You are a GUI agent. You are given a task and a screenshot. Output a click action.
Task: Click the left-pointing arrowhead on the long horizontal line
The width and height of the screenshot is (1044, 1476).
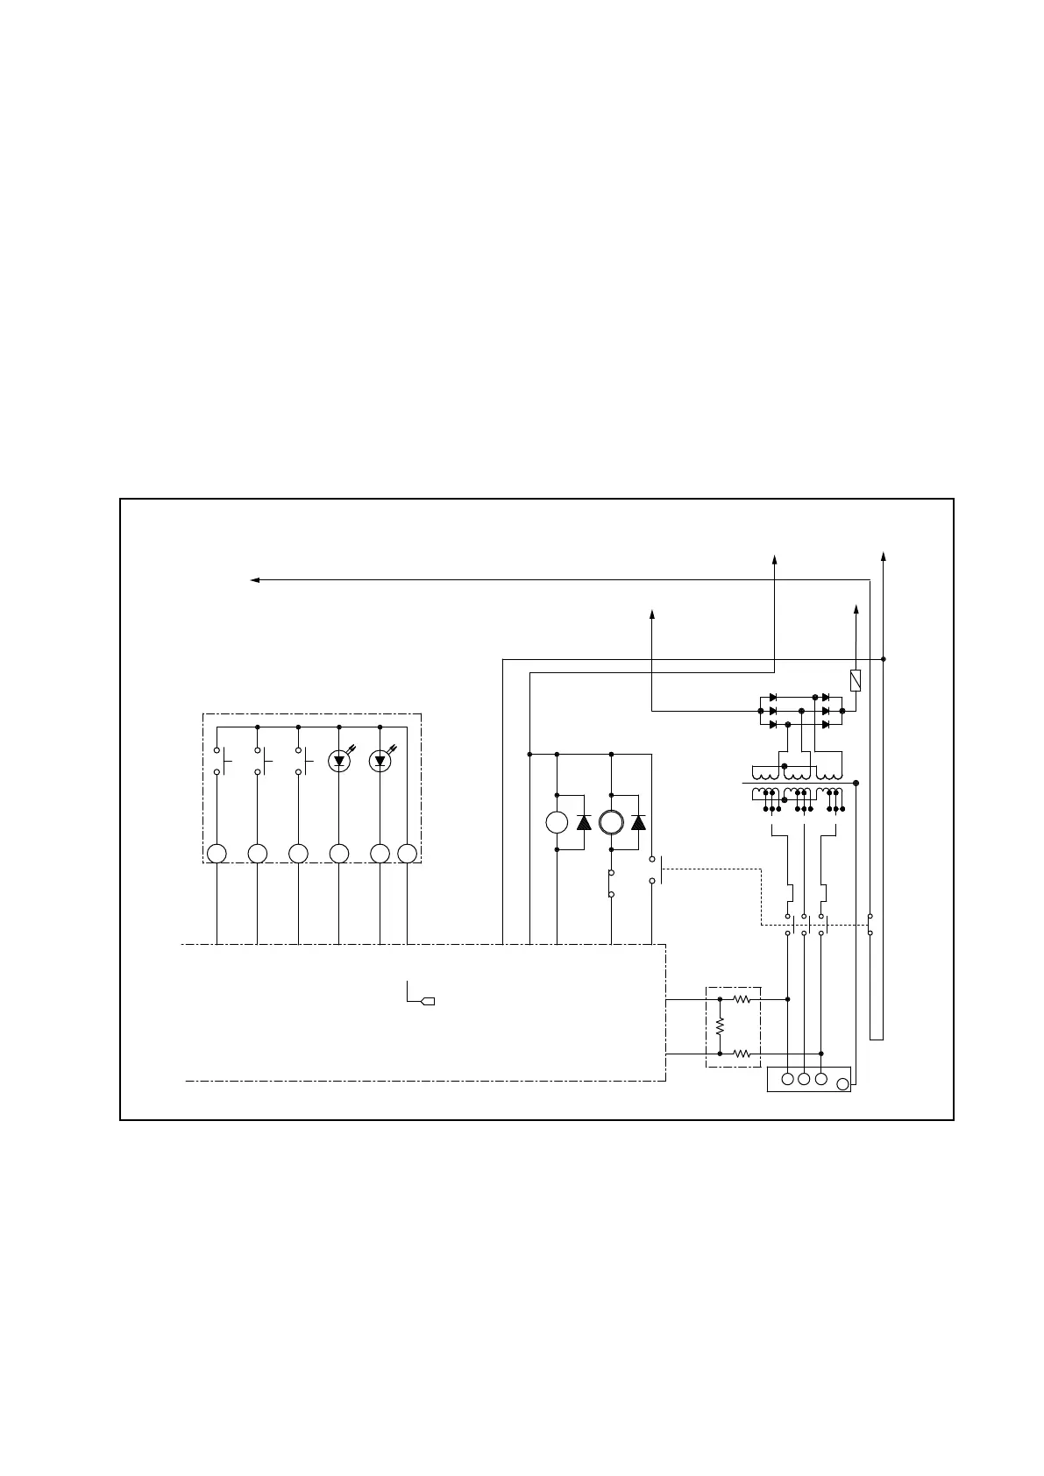255,579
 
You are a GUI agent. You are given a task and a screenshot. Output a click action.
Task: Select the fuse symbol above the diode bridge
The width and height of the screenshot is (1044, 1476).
856,680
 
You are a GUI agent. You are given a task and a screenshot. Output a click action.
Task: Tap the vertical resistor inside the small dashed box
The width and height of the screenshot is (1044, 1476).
720,1025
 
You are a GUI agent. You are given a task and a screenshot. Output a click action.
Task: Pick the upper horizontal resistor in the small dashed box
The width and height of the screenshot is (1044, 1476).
742,998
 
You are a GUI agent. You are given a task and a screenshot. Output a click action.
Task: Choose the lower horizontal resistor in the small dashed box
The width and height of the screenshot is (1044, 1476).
742,1054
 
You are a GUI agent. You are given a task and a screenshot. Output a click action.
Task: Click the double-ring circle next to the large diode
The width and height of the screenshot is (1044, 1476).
611,822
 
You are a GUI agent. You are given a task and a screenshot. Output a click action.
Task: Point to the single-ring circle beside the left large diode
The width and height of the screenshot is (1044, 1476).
557,822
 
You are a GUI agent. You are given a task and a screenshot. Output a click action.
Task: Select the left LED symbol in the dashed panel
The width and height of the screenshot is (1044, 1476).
339,761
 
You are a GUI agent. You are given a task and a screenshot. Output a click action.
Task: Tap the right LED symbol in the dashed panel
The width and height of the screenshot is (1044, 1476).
380,761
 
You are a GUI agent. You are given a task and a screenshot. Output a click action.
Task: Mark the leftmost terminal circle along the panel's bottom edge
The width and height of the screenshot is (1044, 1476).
217,854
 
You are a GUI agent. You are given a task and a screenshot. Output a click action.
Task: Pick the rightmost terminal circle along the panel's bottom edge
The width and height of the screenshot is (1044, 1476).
407,854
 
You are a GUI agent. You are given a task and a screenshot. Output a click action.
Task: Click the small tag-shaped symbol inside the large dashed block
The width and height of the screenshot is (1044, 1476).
429,1001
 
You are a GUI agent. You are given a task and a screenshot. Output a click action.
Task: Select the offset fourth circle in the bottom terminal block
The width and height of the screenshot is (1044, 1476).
842,1084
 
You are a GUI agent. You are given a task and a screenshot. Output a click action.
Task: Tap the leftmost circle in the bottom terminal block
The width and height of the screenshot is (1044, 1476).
787,1079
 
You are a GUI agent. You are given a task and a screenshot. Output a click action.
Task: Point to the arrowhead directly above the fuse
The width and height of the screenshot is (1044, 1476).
856,608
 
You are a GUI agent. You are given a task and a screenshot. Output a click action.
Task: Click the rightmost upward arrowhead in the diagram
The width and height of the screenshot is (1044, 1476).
883,556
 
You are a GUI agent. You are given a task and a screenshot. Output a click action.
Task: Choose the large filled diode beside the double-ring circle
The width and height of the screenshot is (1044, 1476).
638,822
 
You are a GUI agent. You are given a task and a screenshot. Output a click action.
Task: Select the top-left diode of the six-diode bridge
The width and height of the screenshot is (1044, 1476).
773,697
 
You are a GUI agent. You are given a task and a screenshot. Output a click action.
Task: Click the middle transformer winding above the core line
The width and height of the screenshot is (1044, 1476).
796,774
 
